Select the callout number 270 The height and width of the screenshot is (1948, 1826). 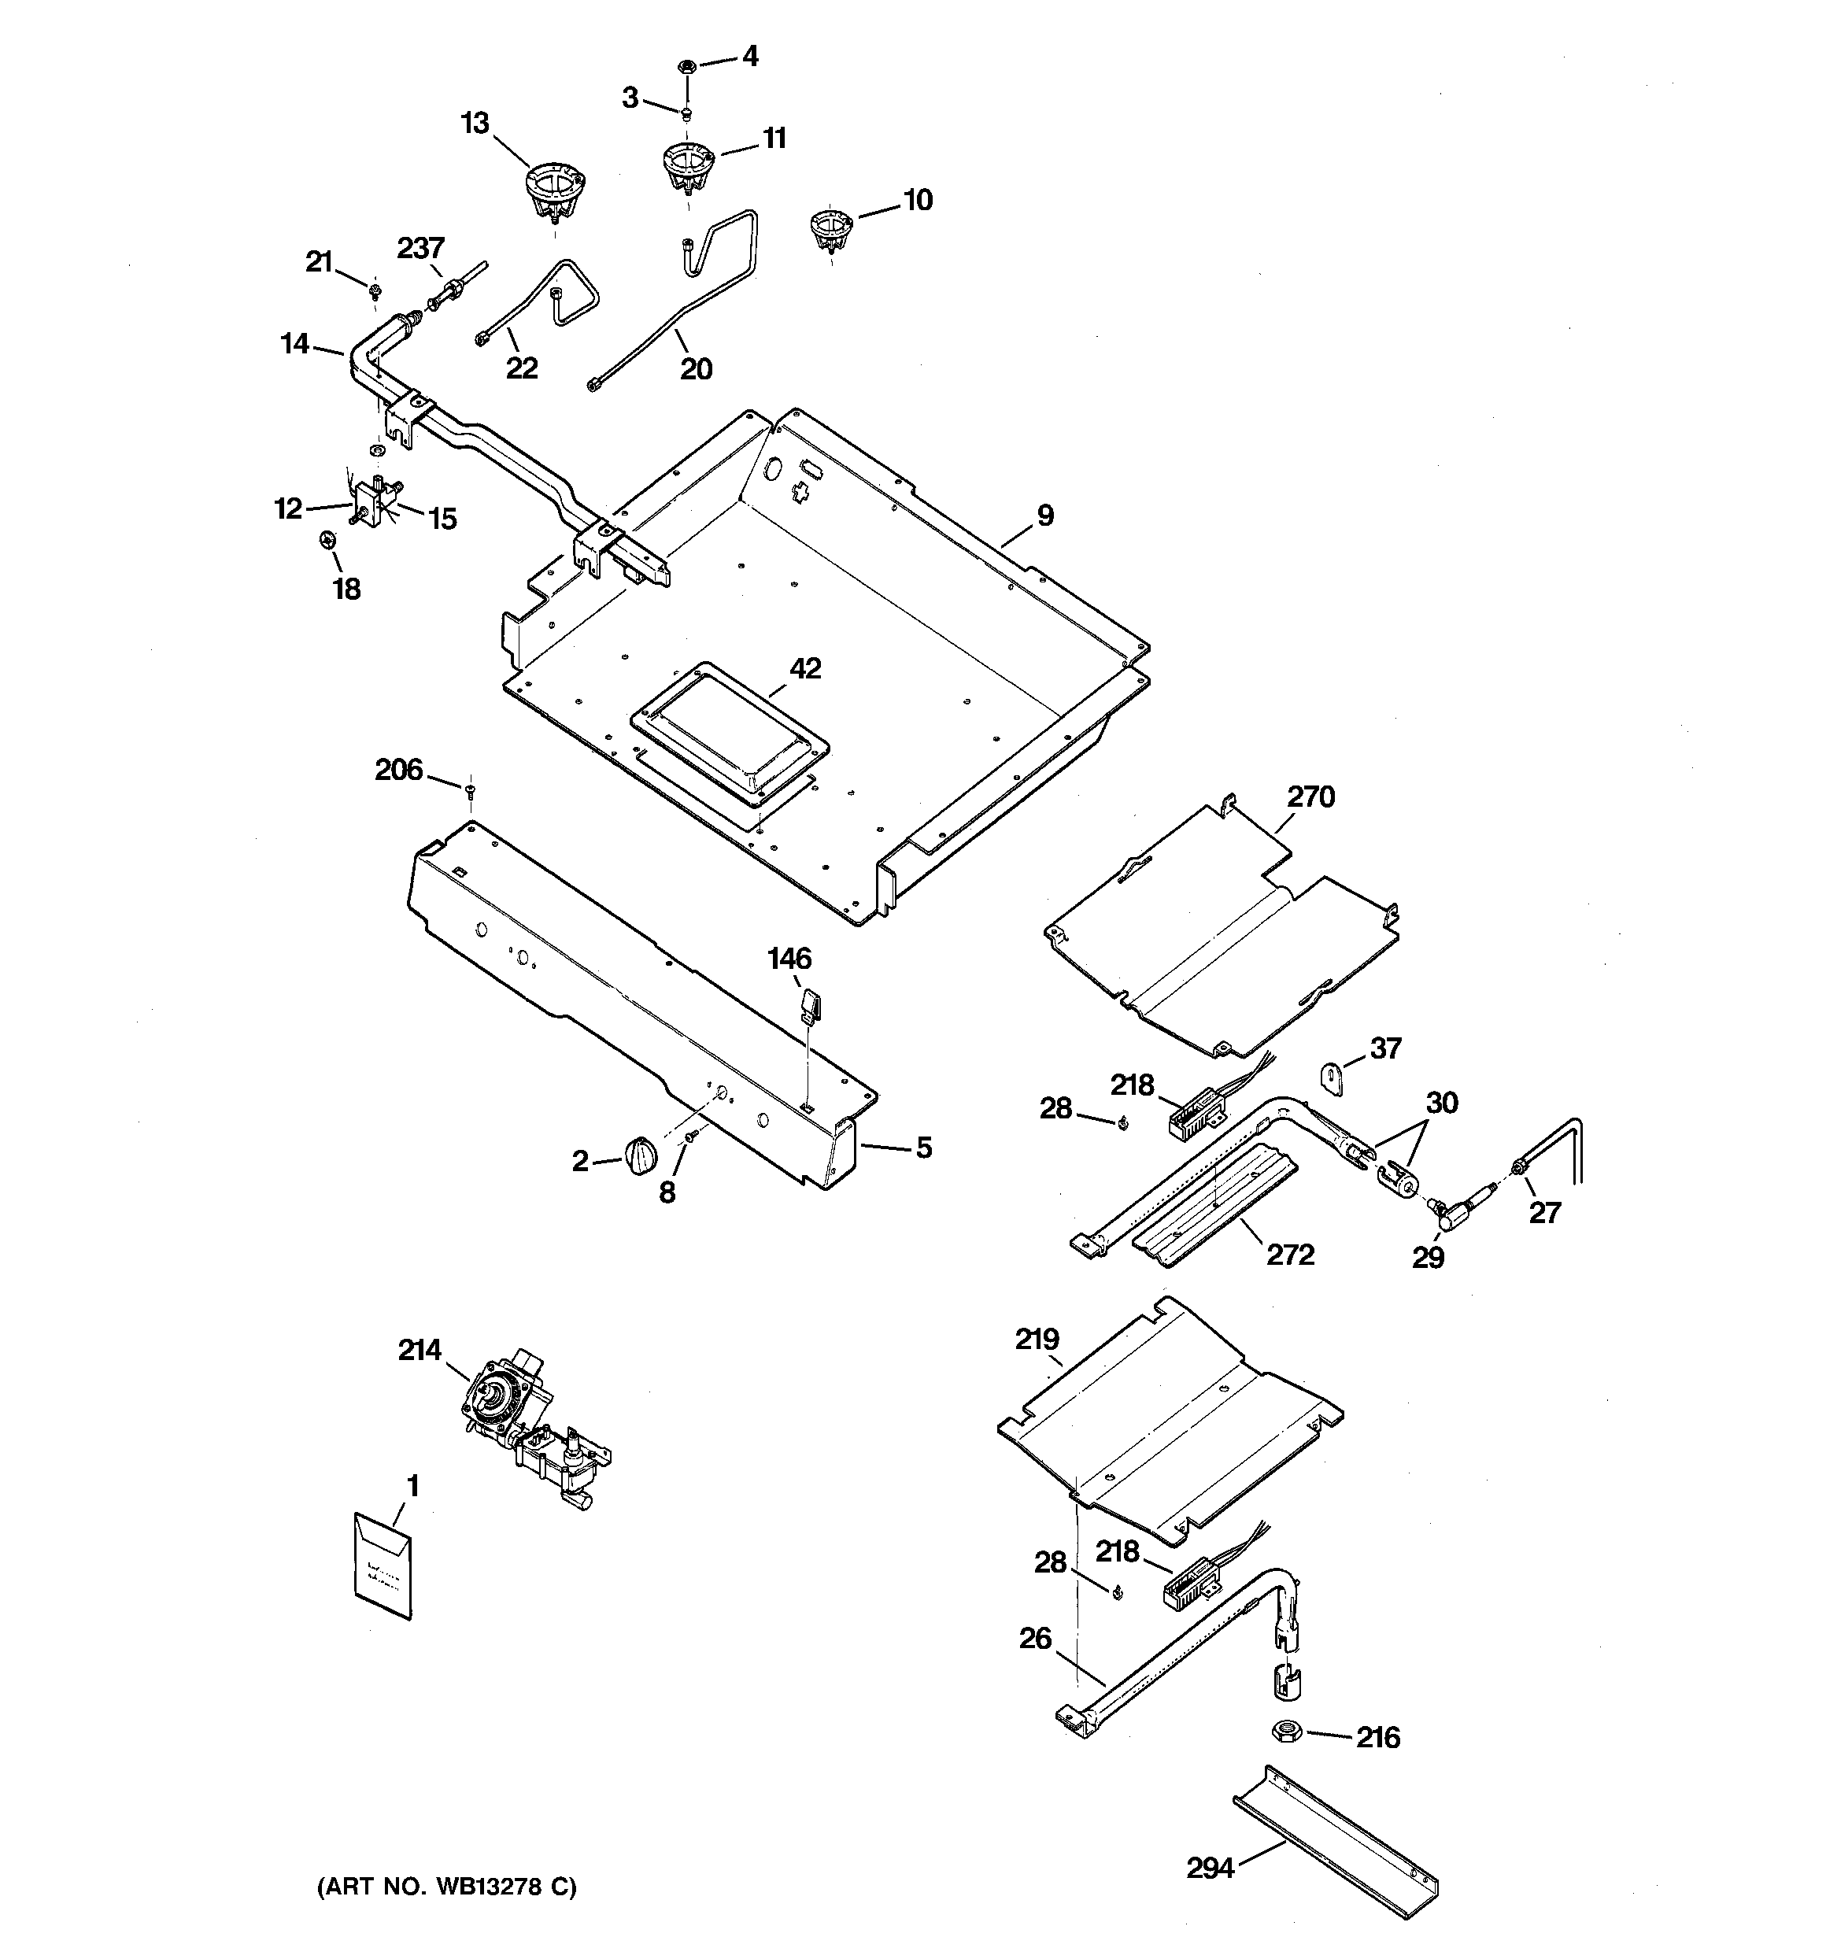(x=1311, y=797)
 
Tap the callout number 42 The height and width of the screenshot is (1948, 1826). (x=806, y=669)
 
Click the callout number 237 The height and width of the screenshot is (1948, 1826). (x=420, y=249)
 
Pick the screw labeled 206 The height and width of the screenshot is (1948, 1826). (x=471, y=789)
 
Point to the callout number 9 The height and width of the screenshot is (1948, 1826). (x=1044, y=516)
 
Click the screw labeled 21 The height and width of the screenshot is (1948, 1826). (x=375, y=291)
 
